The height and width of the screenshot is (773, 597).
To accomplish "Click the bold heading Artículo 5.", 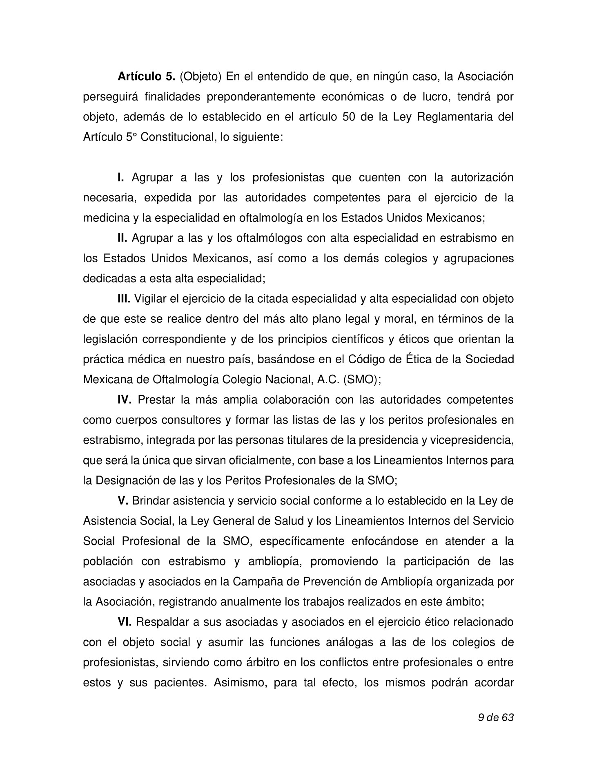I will [146, 76].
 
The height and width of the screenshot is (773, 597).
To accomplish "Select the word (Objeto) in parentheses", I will [200, 76].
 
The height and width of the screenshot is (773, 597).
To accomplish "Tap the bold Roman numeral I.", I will [120, 178].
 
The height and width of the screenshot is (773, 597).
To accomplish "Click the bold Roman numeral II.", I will [123, 238].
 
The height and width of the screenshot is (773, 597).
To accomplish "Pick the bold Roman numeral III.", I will [124, 299].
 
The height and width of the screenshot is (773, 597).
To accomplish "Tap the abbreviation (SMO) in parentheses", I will [361, 380].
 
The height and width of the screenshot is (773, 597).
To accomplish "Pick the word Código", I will [366, 360].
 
